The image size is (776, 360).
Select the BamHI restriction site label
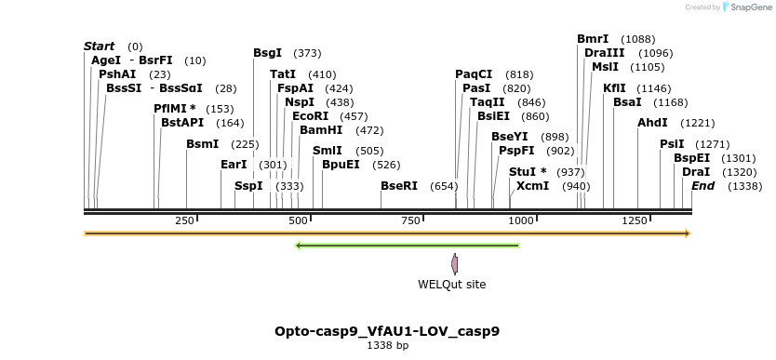coord(321,130)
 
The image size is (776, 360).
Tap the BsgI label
coord(267,53)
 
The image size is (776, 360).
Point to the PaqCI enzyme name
coord(474,74)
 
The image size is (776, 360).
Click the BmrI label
coord(593,39)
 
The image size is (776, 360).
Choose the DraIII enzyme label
coord(605,53)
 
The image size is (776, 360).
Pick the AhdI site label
coord(652,123)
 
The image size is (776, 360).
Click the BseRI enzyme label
coord(399,186)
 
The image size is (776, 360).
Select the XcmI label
coord(532,186)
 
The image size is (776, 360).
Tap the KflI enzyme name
coord(614,88)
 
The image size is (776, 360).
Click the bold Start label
coord(99,47)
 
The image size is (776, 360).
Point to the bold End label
coord(702,186)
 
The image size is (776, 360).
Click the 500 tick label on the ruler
coord(298,220)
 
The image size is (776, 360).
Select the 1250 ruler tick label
coord(635,220)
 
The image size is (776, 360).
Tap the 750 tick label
coord(410,220)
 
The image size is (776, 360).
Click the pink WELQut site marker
coord(454,264)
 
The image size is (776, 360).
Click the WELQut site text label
coord(451,285)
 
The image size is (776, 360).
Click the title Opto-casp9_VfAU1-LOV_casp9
coord(387,331)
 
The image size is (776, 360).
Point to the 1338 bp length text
coord(387,346)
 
